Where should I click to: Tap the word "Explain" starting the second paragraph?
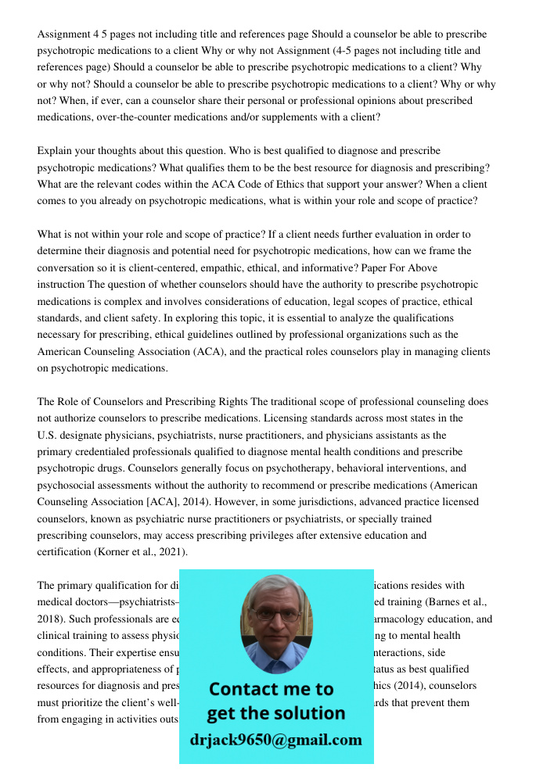56,150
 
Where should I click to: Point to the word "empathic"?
211,268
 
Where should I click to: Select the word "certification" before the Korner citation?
63,552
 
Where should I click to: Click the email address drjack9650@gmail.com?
276,740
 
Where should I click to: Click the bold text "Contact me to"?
271,689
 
